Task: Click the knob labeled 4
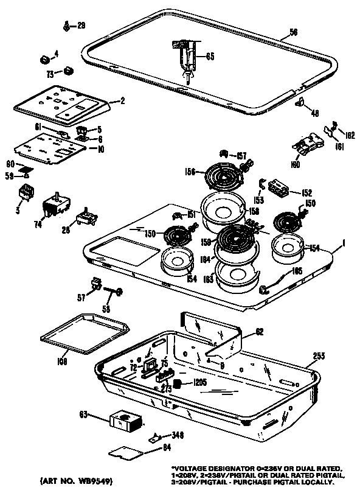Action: (44, 58)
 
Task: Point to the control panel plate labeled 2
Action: (61, 104)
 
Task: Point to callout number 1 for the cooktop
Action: (344, 243)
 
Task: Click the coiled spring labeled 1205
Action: (179, 383)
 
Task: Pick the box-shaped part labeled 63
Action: (125, 420)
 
